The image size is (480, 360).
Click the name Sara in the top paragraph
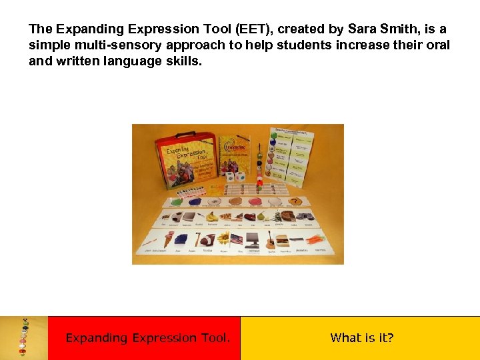pyautogui.click(x=363, y=29)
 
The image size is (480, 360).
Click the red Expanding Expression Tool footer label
pyautogui.click(x=147, y=338)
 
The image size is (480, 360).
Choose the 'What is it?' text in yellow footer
pyautogui.click(x=362, y=338)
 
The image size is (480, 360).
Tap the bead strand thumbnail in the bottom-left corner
pyautogui.click(x=25, y=337)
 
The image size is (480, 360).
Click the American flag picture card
pyautogui.click(x=237, y=239)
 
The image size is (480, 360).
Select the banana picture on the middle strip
pyautogui.click(x=213, y=215)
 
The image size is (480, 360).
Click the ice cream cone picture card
pyautogui.click(x=169, y=239)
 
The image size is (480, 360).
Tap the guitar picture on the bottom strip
pyautogui.click(x=271, y=242)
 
